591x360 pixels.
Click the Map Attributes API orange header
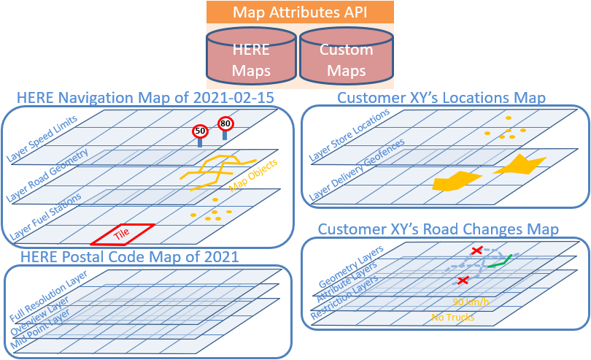(300, 12)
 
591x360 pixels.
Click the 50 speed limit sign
(199, 131)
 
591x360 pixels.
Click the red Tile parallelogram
(123, 234)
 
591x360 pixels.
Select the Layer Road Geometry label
(47, 176)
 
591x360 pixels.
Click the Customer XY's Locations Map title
(441, 98)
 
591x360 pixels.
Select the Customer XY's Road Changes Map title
(439, 229)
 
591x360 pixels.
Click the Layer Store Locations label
(349, 134)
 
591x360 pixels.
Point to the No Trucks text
(453, 317)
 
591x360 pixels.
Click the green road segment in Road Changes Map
(498, 261)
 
